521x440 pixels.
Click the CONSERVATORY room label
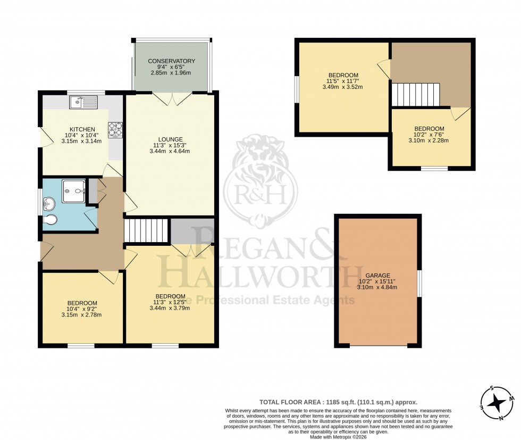pos(171,61)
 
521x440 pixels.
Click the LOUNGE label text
pos(170,139)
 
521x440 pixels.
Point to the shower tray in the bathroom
pos(74,191)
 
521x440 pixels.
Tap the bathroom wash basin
pos(49,204)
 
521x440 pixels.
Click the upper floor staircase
pos(416,95)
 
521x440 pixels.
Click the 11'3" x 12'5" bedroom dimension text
pos(170,302)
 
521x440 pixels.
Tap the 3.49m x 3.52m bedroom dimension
pos(342,87)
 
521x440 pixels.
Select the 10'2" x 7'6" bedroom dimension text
pos(429,135)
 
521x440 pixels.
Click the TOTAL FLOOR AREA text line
pos(338,402)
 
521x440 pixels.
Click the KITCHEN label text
pos(80,129)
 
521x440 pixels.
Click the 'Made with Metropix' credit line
pos(338,437)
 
